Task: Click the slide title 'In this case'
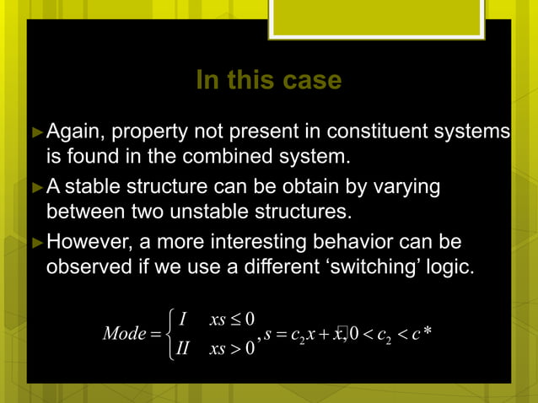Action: (268, 81)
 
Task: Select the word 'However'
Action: (83, 244)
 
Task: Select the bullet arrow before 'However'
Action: (36, 244)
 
